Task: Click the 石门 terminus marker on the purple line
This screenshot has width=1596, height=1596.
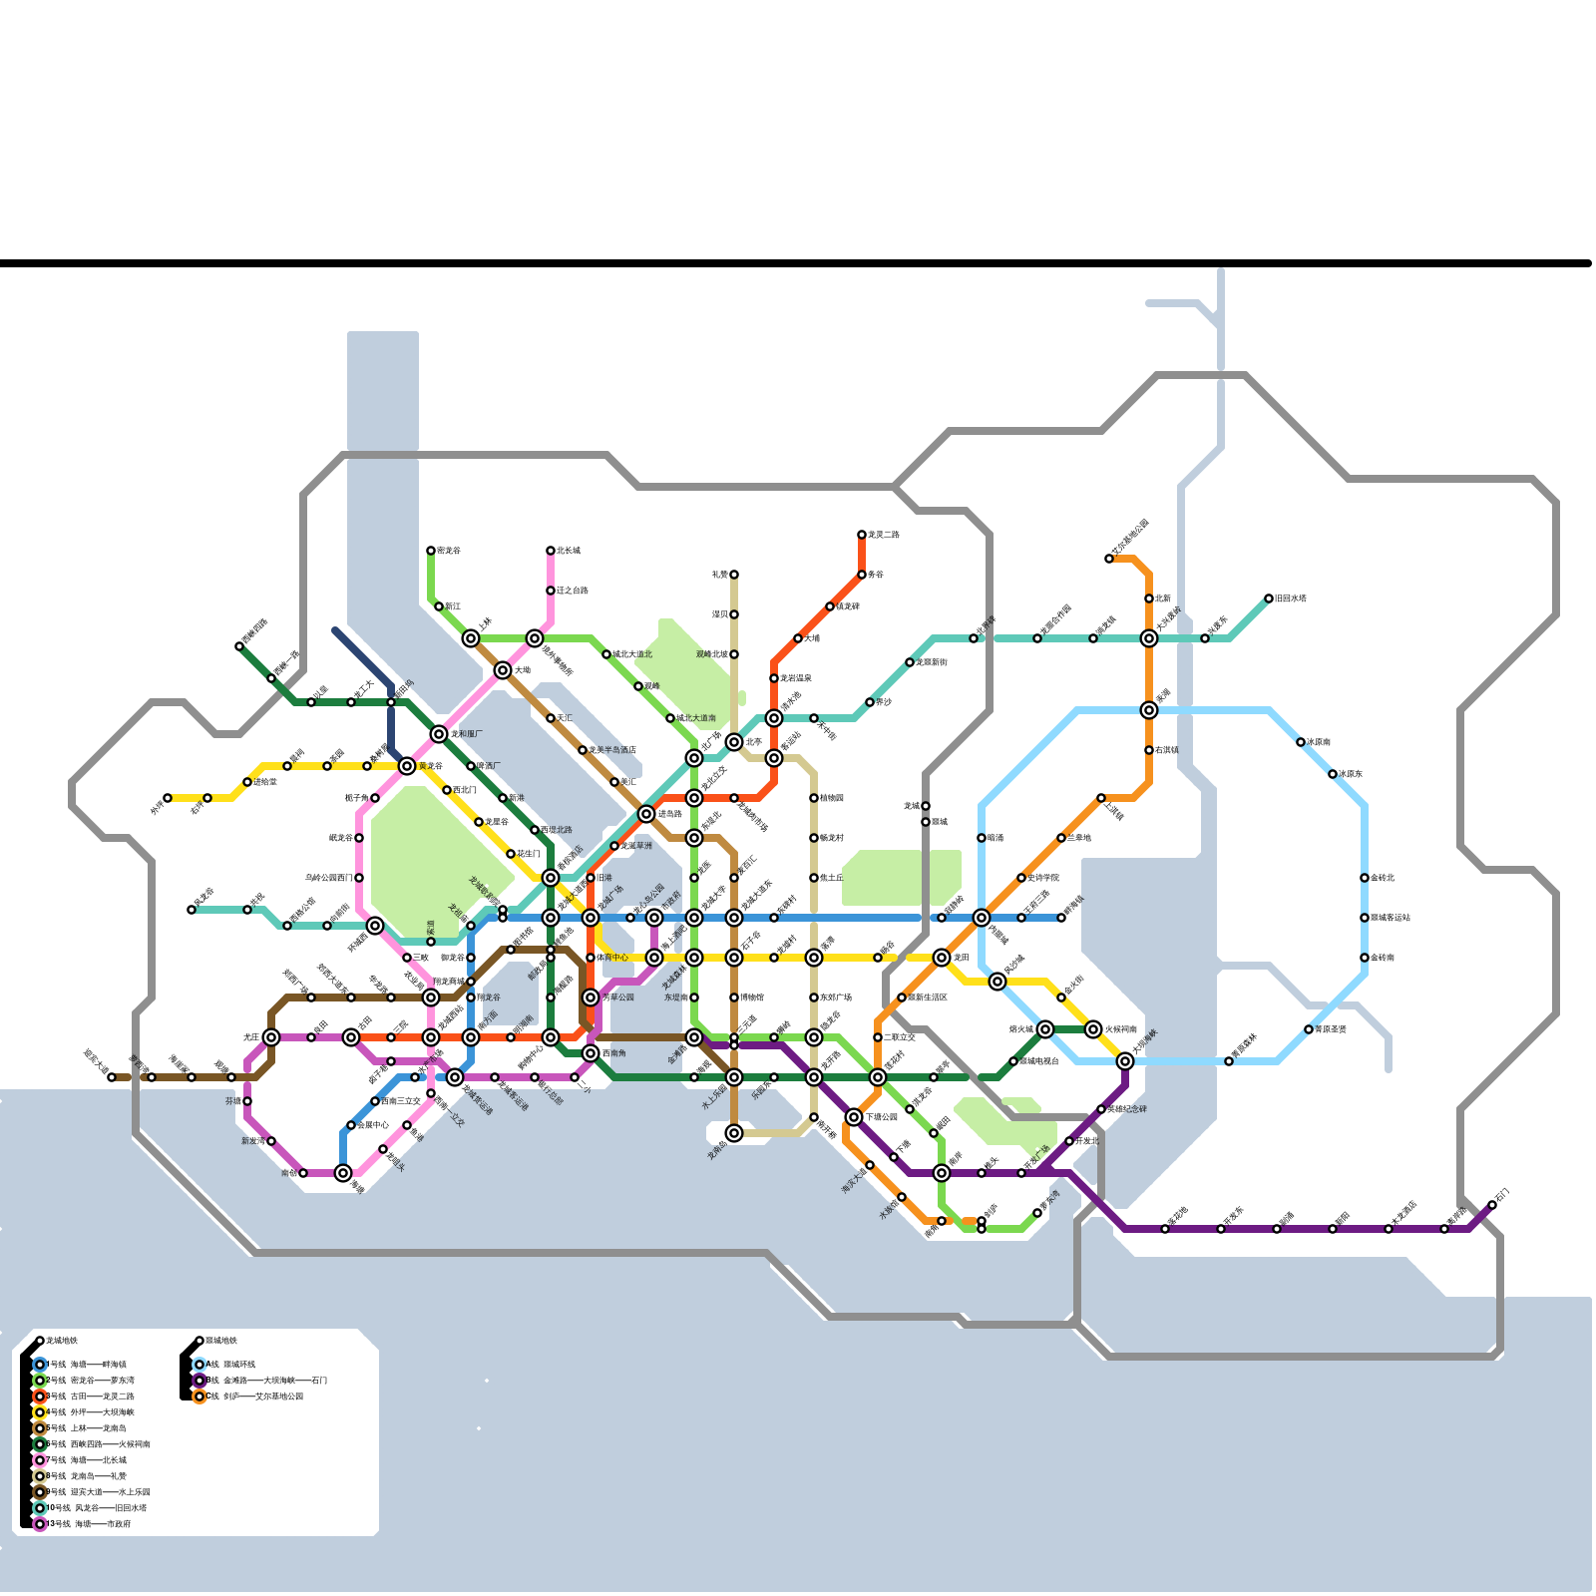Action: [x=1492, y=1205]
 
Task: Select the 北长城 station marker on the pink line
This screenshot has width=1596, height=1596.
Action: [x=551, y=551]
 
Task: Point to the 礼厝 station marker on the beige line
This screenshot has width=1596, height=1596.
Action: [x=734, y=575]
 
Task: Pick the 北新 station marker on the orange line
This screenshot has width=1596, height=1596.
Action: [x=1149, y=598]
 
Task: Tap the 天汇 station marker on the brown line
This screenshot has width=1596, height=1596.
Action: [x=551, y=718]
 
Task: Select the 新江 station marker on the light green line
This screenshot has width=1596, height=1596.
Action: [x=439, y=606]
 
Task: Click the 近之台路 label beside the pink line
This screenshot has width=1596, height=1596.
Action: [x=573, y=591]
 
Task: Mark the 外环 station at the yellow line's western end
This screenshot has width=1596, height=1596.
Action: [x=168, y=798]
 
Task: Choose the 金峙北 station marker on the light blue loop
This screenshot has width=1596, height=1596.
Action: [x=1365, y=878]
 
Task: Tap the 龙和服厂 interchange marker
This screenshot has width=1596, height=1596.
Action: [x=439, y=734]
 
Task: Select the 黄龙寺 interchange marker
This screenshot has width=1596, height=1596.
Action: [x=407, y=766]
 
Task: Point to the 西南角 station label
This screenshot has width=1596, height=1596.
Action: [x=614, y=1053]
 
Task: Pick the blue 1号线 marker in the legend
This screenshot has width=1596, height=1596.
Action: [x=40, y=1365]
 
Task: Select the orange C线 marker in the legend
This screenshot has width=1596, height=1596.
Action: [x=199, y=1396]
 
